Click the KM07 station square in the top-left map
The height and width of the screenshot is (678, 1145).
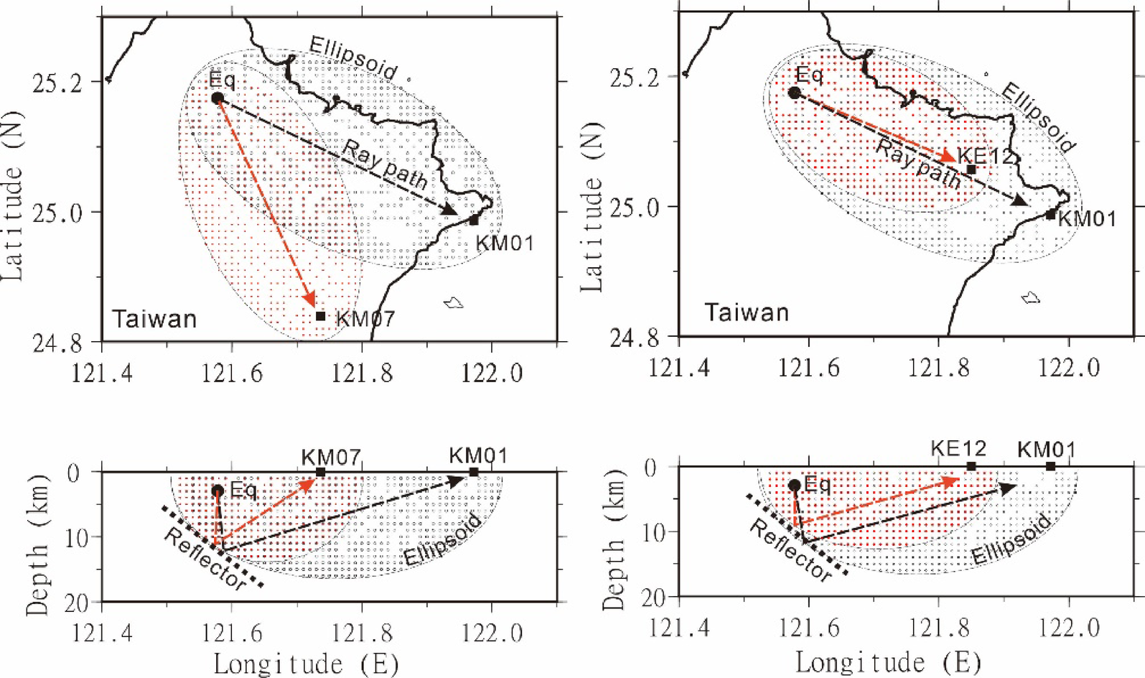click(321, 316)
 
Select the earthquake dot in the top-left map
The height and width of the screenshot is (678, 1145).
click(218, 98)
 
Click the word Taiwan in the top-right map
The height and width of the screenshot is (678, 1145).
click(747, 312)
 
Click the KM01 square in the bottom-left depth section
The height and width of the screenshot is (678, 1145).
click(474, 472)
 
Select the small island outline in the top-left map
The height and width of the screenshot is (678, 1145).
click(453, 303)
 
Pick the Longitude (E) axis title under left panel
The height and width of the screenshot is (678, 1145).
click(306, 664)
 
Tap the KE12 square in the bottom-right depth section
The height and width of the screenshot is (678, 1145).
click(971, 467)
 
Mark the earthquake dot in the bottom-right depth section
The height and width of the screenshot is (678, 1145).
click(794, 486)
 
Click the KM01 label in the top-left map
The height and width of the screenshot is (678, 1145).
click(505, 243)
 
